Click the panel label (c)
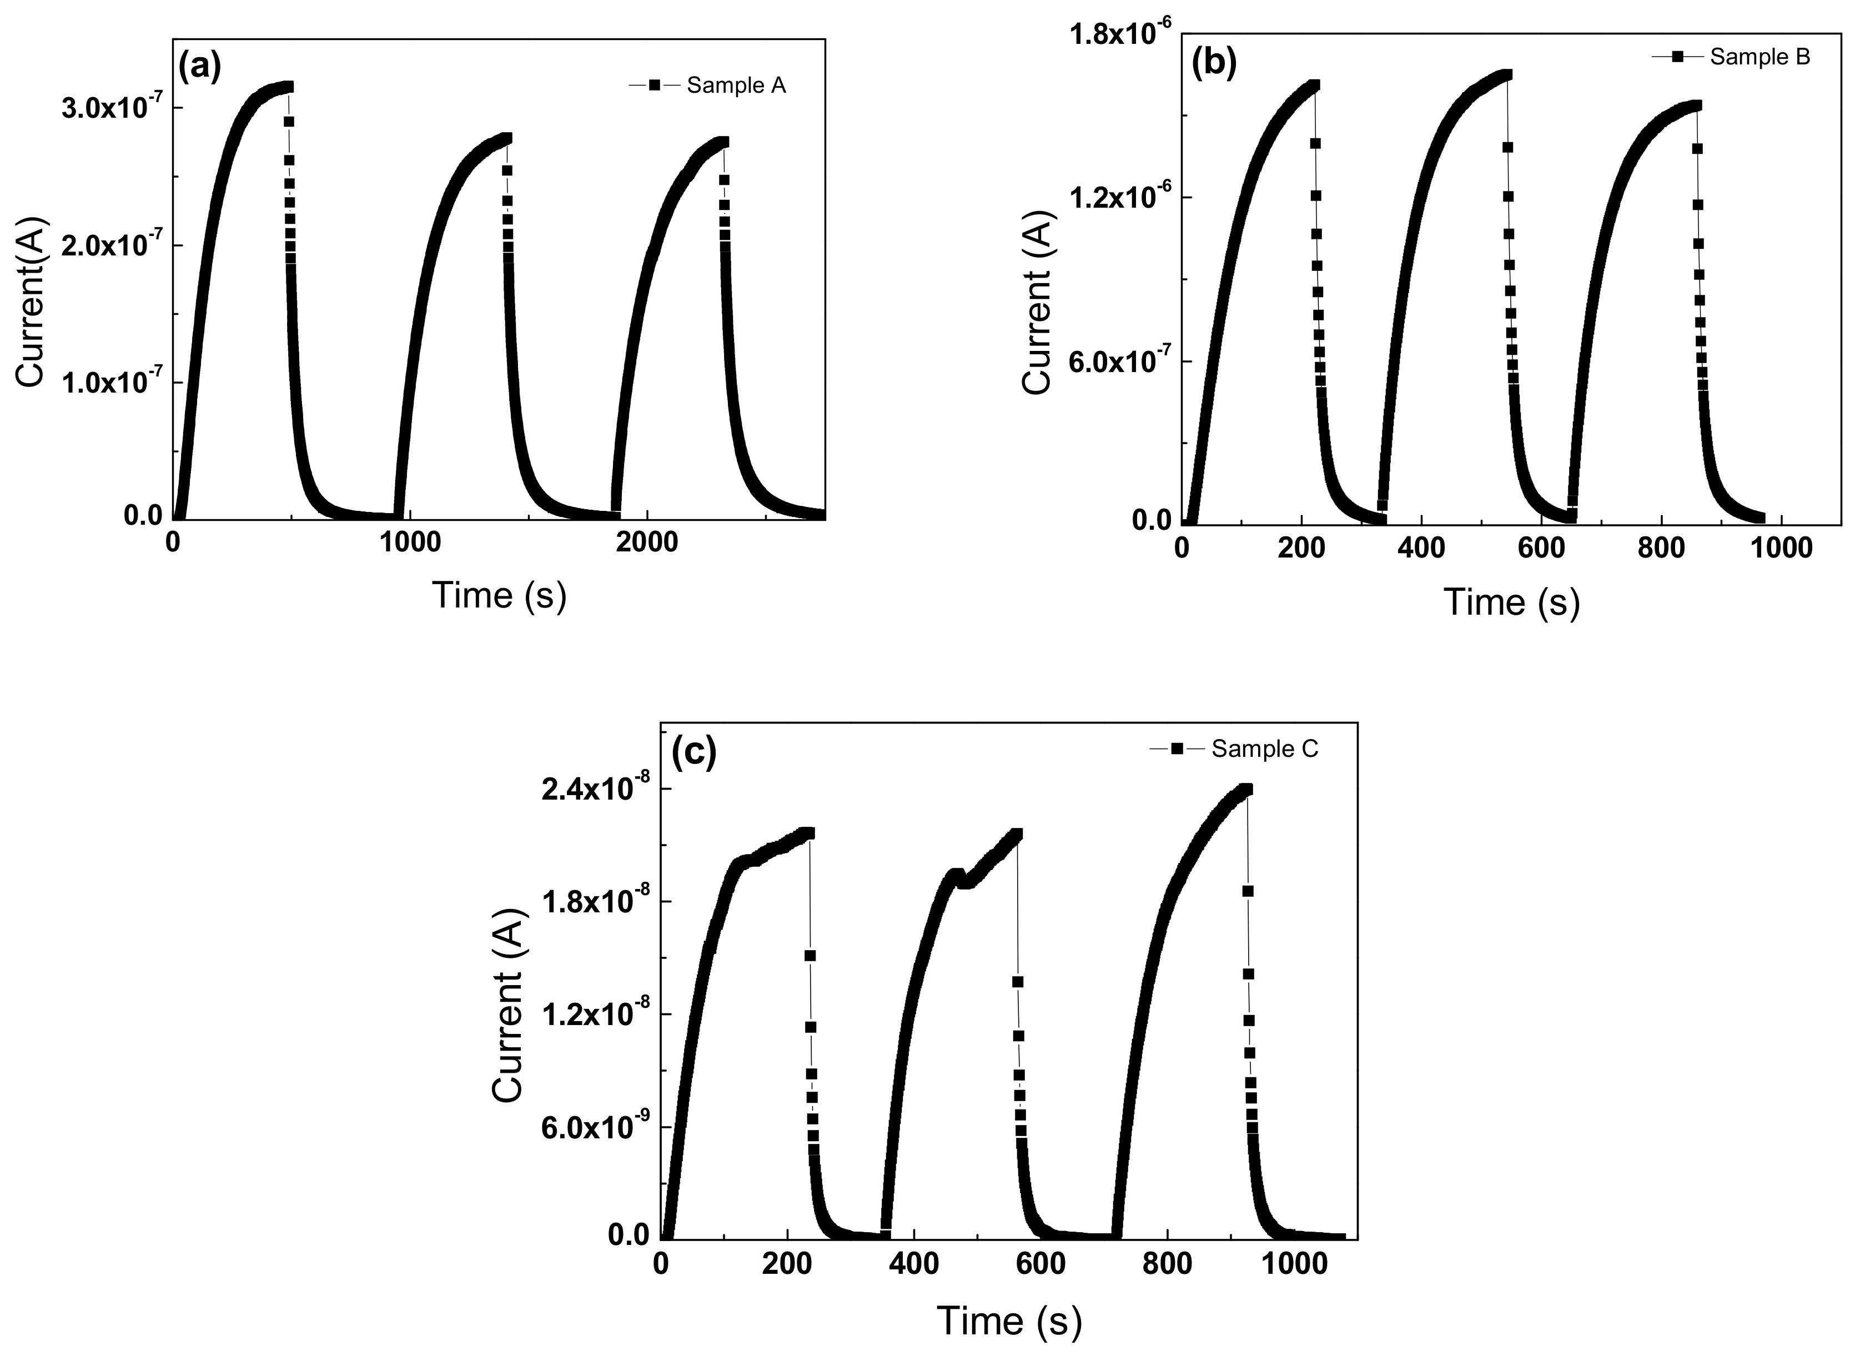693,751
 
